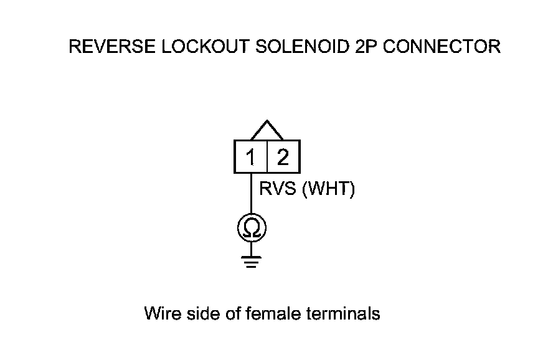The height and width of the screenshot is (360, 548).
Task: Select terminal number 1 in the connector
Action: tap(250, 158)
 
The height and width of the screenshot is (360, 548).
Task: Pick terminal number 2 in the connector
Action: tap(283, 158)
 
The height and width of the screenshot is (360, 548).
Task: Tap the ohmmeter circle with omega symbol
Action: tap(252, 229)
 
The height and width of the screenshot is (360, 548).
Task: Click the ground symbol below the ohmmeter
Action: tap(252, 261)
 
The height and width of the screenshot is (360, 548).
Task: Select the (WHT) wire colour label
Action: tap(328, 189)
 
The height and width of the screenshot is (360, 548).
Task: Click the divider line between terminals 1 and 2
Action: tap(267, 157)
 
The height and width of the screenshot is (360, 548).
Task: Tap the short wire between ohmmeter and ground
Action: tap(252, 247)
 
